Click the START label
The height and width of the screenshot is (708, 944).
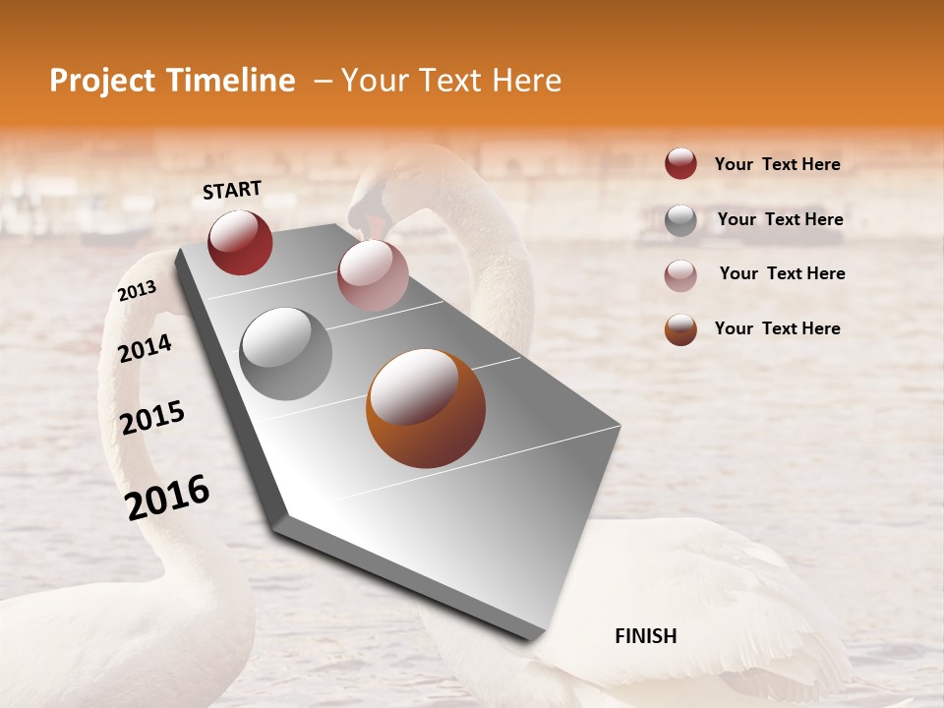[x=232, y=190]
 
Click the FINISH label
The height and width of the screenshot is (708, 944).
[x=645, y=636]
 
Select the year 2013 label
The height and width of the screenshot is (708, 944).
[x=137, y=291]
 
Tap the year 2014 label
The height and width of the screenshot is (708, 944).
[x=145, y=348]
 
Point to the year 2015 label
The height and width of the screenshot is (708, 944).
[x=152, y=418]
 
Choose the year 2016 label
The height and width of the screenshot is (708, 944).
[x=167, y=498]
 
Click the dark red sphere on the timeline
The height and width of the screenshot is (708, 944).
[x=240, y=242]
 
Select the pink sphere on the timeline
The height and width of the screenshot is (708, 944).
[x=372, y=274]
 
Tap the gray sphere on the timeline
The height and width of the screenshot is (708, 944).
[x=286, y=353]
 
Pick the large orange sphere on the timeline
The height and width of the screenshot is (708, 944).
[x=425, y=408]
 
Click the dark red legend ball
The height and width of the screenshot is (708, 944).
[x=680, y=164]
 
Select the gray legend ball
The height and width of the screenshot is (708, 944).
[x=680, y=220]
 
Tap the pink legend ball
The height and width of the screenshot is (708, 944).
[x=680, y=275]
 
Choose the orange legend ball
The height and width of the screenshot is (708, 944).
[x=680, y=329]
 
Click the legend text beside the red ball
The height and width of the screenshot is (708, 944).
[x=777, y=164]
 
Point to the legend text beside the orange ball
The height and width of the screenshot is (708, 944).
[x=777, y=328]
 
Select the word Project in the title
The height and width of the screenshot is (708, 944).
[x=102, y=81]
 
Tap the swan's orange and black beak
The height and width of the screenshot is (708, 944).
[x=366, y=216]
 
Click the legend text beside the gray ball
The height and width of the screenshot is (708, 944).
[x=780, y=219]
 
